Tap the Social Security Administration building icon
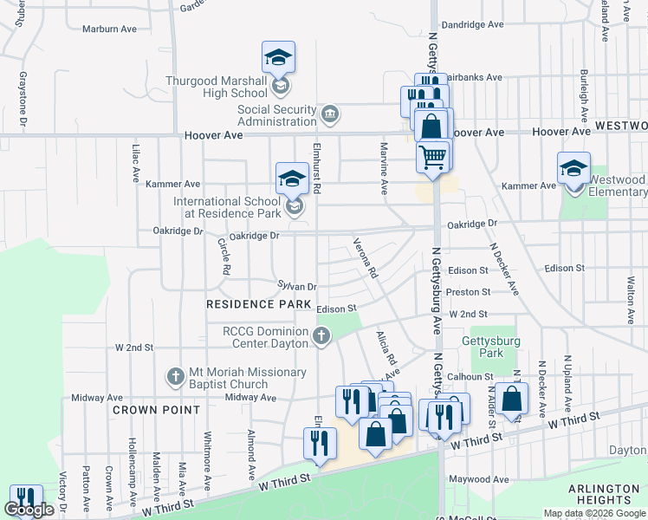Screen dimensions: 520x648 [329, 114]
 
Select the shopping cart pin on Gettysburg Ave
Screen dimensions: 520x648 [432, 157]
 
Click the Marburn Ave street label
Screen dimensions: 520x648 [109, 29]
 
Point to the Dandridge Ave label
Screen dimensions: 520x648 [472, 25]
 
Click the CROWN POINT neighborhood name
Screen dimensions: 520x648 [156, 410]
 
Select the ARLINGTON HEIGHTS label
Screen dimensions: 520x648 [604, 495]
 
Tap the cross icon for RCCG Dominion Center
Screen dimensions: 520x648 [321, 335]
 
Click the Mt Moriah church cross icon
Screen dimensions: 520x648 [175, 377]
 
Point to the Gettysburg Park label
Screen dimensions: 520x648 [491, 348]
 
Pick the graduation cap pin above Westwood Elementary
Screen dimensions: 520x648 [573, 168]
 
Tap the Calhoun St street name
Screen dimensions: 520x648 [470, 377]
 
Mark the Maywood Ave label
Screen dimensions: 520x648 [477, 479]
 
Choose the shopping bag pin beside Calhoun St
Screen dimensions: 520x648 [513, 399]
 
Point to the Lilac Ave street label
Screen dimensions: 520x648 [136, 162]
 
